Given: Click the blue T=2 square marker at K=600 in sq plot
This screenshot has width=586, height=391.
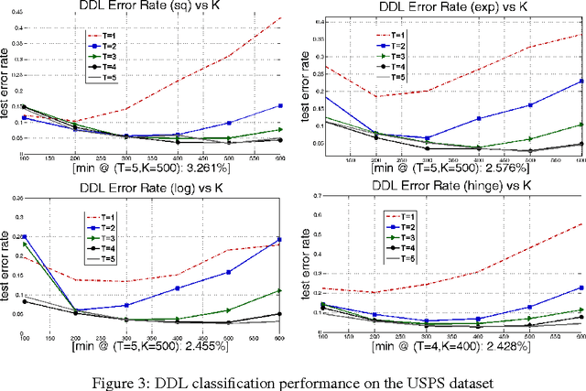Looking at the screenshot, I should point(280,105).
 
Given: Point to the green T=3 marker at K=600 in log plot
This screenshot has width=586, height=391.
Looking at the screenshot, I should point(280,291).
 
